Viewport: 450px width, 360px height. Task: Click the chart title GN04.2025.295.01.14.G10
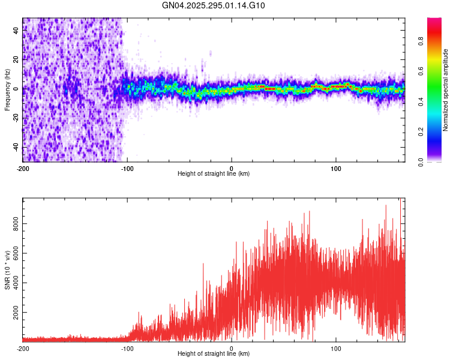[214, 5]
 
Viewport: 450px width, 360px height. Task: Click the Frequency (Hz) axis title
[7, 91]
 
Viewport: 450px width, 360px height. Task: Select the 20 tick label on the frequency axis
[17, 59]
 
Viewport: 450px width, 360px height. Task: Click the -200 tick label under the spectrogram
[23, 169]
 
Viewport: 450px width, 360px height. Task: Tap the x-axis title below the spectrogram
[214, 174]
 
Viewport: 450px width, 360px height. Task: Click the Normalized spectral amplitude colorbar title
[446, 90]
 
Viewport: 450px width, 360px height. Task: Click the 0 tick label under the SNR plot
[232, 349]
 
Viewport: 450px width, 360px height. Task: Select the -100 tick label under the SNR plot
[127, 349]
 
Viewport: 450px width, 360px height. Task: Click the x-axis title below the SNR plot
[214, 354]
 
